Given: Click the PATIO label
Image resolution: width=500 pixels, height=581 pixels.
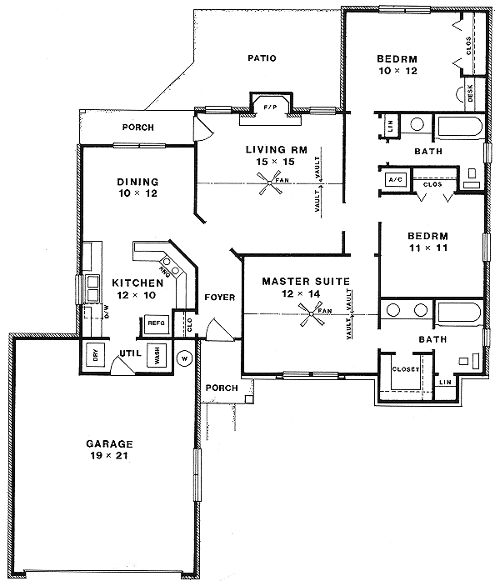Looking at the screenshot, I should click(262, 58).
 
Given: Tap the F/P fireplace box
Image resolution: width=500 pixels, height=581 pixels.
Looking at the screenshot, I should click(268, 108).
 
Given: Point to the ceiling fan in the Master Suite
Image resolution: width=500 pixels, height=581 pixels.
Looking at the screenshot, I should click(314, 314).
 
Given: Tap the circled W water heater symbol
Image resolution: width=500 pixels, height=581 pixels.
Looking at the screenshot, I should click(185, 358).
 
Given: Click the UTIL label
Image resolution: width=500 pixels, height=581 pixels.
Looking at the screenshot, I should click(127, 354).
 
